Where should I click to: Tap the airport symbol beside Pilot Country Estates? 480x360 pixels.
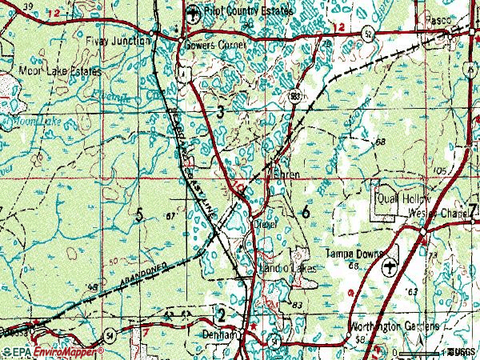(192, 14)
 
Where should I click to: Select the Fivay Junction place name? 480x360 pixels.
(118, 41)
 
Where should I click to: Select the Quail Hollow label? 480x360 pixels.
(404, 198)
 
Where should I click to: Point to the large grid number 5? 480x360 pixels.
(140, 214)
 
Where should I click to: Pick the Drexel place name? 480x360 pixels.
(265, 226)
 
